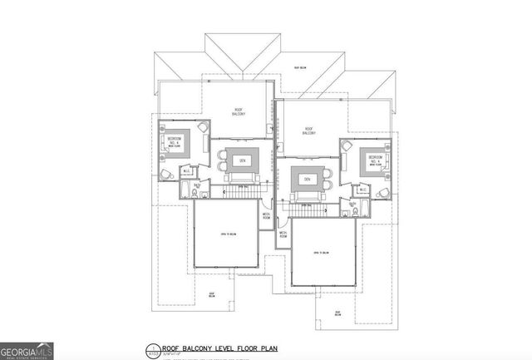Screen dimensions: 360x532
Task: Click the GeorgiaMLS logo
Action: click(x=27, y=350)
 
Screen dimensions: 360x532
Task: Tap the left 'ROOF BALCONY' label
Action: click(x=238, y=113)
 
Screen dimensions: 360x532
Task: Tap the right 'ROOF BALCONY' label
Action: click(x=310, y=131)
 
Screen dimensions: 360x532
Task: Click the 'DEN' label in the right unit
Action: click(x=306, y=179)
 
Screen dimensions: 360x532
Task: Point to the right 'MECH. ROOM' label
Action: click(x=283, y=234)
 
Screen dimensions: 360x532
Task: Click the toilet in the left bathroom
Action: click(x=194, y=193)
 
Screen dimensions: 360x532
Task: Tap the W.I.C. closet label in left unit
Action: click(x=188, y=172)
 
